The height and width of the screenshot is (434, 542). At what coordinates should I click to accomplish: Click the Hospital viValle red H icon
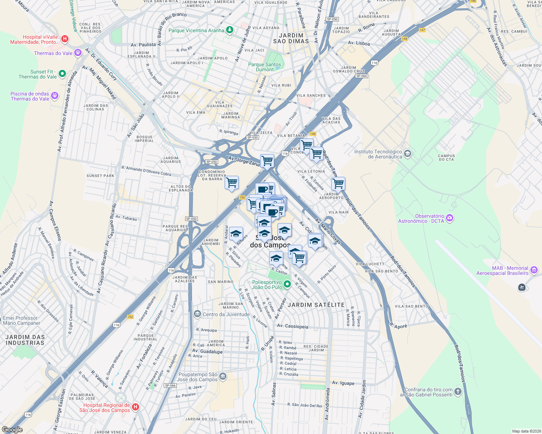pyautogui.click(x=65, y=39)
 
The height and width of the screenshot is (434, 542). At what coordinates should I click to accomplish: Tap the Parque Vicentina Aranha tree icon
pyautogui.click(x=229, y=30)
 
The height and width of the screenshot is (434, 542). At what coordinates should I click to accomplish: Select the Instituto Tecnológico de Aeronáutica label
pyautogui.click(x=378, y=154)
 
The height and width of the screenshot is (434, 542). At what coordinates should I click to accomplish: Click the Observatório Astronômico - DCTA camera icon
pyautogui.click(x=450, y=218)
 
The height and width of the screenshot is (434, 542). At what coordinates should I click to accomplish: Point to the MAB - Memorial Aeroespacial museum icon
pyautogui.click(x=534, y=270)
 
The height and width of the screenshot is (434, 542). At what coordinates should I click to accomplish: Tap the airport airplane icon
pyautogui.click(x=522, y=287)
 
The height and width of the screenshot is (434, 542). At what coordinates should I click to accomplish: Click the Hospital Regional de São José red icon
pyautogui.click(x=135, y=407)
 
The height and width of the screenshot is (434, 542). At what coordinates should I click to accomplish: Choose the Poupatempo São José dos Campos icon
pyautogui.click(x=223, y=376)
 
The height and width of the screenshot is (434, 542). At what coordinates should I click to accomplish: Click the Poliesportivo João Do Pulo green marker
pyautogui.click(x=287, y=284)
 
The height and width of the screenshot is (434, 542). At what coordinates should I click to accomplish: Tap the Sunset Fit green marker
pyautogui.click(x=62, y=74)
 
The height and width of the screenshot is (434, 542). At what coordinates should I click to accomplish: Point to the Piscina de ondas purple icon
pyautogui.click(x=55, y=95)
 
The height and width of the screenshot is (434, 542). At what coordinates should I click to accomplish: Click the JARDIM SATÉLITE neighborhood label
pyautogui.click(x=316, y=305)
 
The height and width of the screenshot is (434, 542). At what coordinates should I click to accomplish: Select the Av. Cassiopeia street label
pyautogui.click(x=292, y=326)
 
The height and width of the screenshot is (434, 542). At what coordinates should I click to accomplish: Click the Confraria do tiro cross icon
pyautogui.click(x=458, y=391)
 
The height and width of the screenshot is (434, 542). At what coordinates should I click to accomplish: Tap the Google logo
pyautogui.click(x=12, y=430)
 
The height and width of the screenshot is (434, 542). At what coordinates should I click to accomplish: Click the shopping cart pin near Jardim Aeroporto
pyautogui.click(x=338, y=183)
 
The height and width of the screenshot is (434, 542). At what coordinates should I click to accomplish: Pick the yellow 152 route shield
pyautogui.click(x=130, y=317)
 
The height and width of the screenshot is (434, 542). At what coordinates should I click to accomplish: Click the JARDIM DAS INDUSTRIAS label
pyautogui.click(x=25, y=340)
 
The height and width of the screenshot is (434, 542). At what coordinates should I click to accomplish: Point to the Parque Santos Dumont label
pyautogui.click(x=264, y=67)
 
